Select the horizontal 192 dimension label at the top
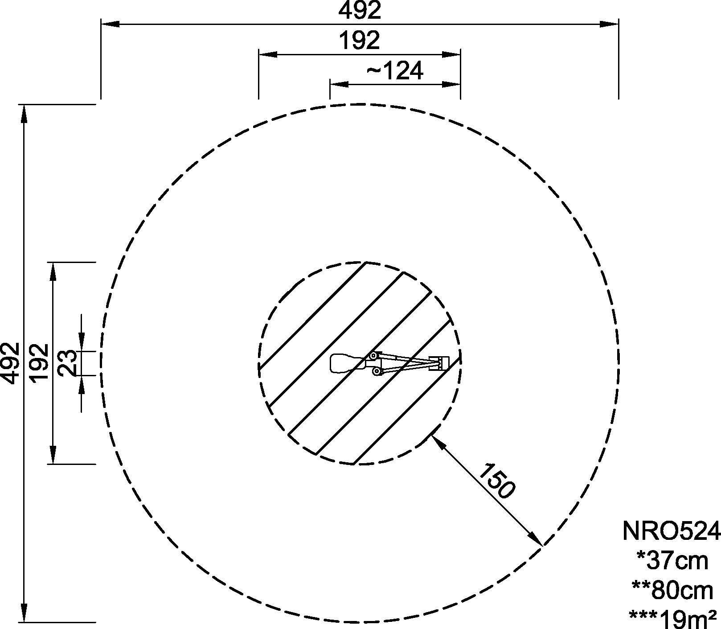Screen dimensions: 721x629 (x=360, y=40)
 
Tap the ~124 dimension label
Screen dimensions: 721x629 (x=394, y=70)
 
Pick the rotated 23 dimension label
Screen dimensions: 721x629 (x=68, y=363)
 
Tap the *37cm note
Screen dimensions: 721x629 (x=673, y=560)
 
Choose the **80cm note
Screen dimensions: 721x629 (x=673, y=590)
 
